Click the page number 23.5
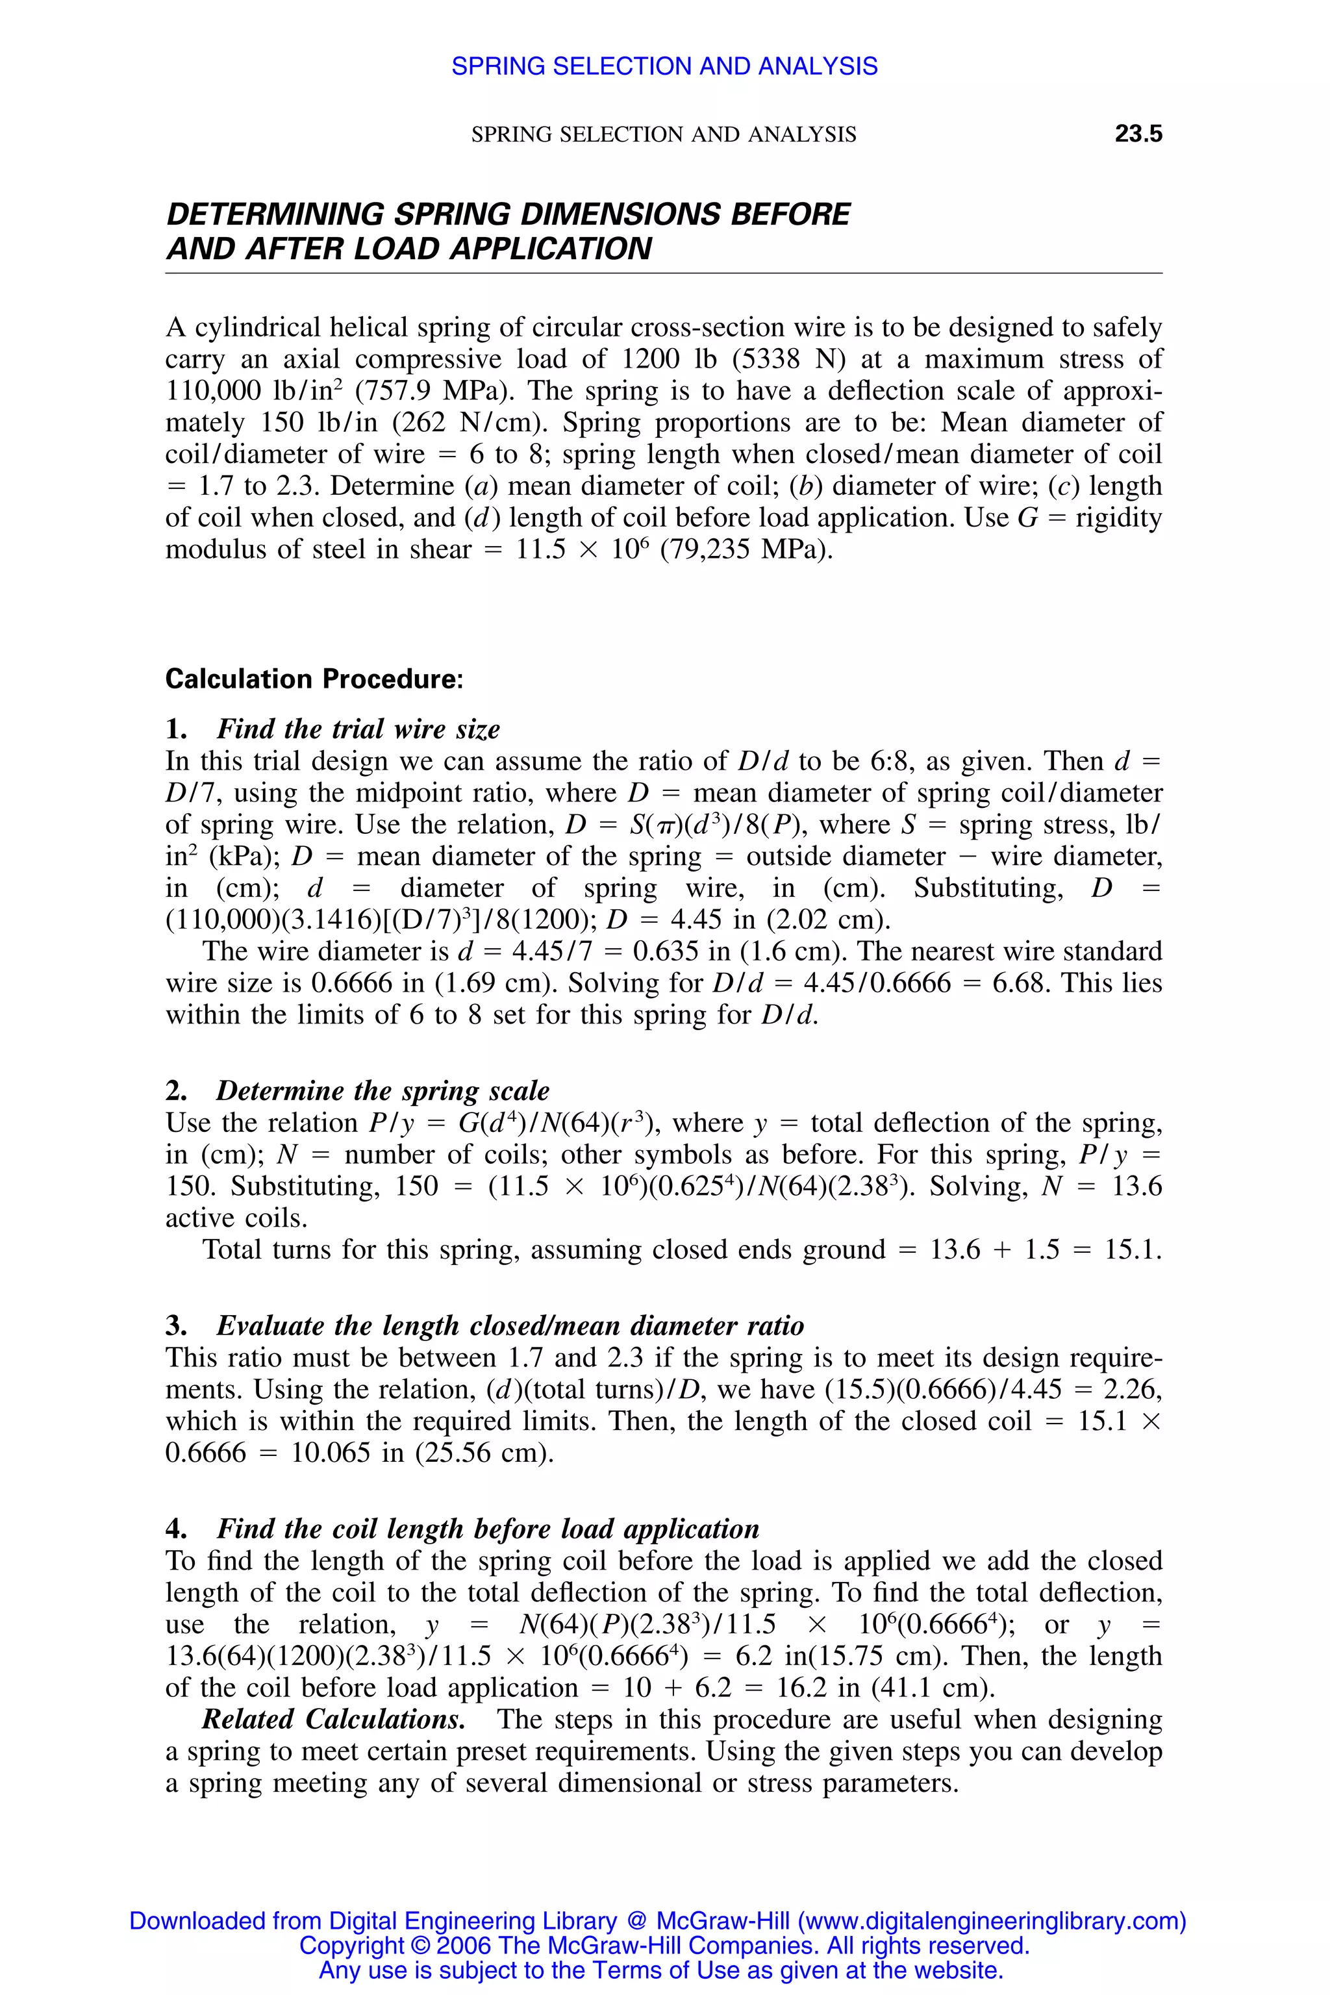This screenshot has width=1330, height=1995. pyautogui.click(x=1138, y=134)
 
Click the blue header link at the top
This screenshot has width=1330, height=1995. pyautogui.click(x=664, y=66)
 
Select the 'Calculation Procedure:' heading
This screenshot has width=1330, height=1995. pyautogui.click(x=314, y=679)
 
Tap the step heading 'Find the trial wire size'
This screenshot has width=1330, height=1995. pyautogui.click(x=358, y=729)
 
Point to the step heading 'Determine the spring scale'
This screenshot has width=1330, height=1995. pyautogui.click(x=383, y=1091)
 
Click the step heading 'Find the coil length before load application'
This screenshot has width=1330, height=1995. pyautogui.click(x=488, y=1529)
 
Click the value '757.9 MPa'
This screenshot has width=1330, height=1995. pyautogui.click(x=432, y=391)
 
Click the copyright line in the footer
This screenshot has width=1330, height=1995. pyautogui.click(x=664, y=1945)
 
